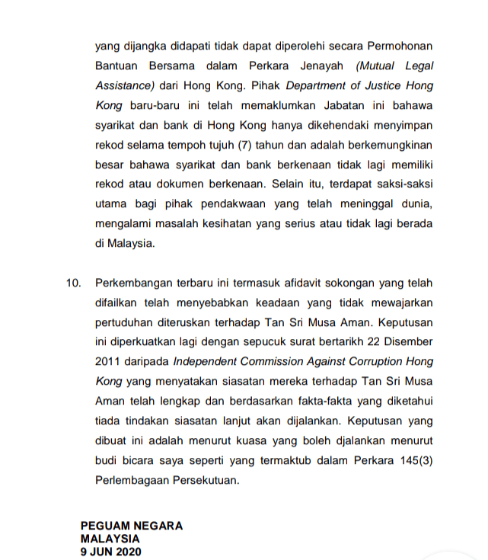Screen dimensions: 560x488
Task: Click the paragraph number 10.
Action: pyautogui.click(x=73, y=283)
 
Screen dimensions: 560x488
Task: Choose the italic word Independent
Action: pyautogui.click(x=203, y=362)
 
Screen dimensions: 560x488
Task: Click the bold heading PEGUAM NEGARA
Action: pyautogui.click(x=131, y=526)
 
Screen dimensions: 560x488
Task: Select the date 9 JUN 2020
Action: pyautogui.click(x=110, y=550)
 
